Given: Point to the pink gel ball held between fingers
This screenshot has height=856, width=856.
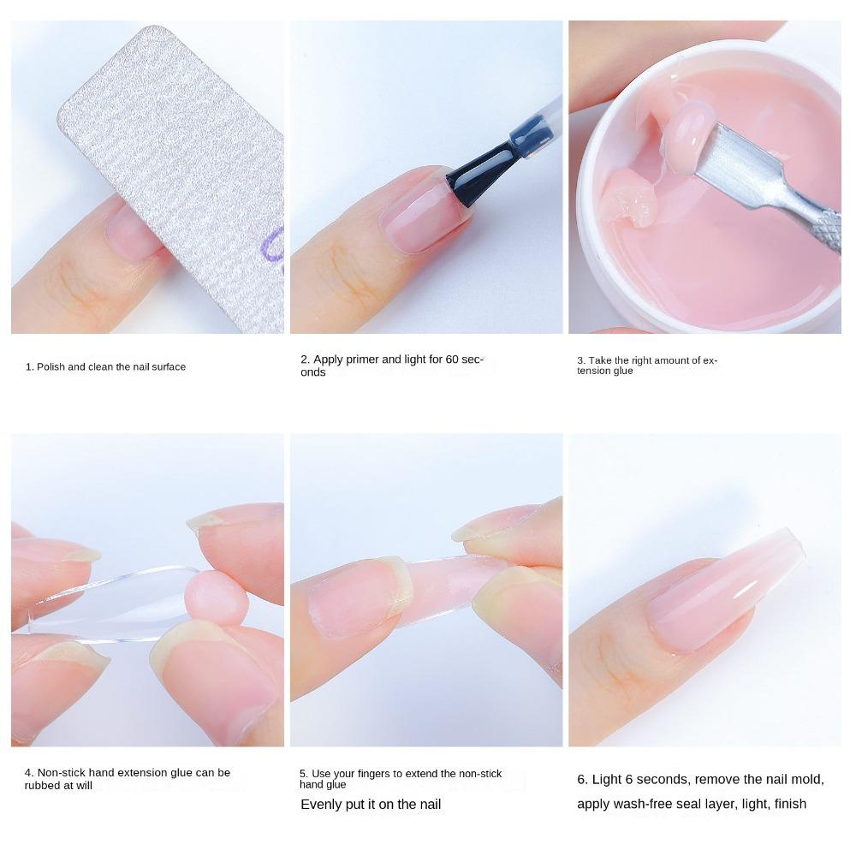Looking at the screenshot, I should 217,596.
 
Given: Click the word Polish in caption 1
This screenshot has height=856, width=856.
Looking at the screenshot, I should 51,366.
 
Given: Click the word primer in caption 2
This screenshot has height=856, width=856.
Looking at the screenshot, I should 367,360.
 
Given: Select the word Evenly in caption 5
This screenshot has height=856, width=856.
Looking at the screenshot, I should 320,805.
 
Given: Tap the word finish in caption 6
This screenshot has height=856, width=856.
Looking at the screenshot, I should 790,804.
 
